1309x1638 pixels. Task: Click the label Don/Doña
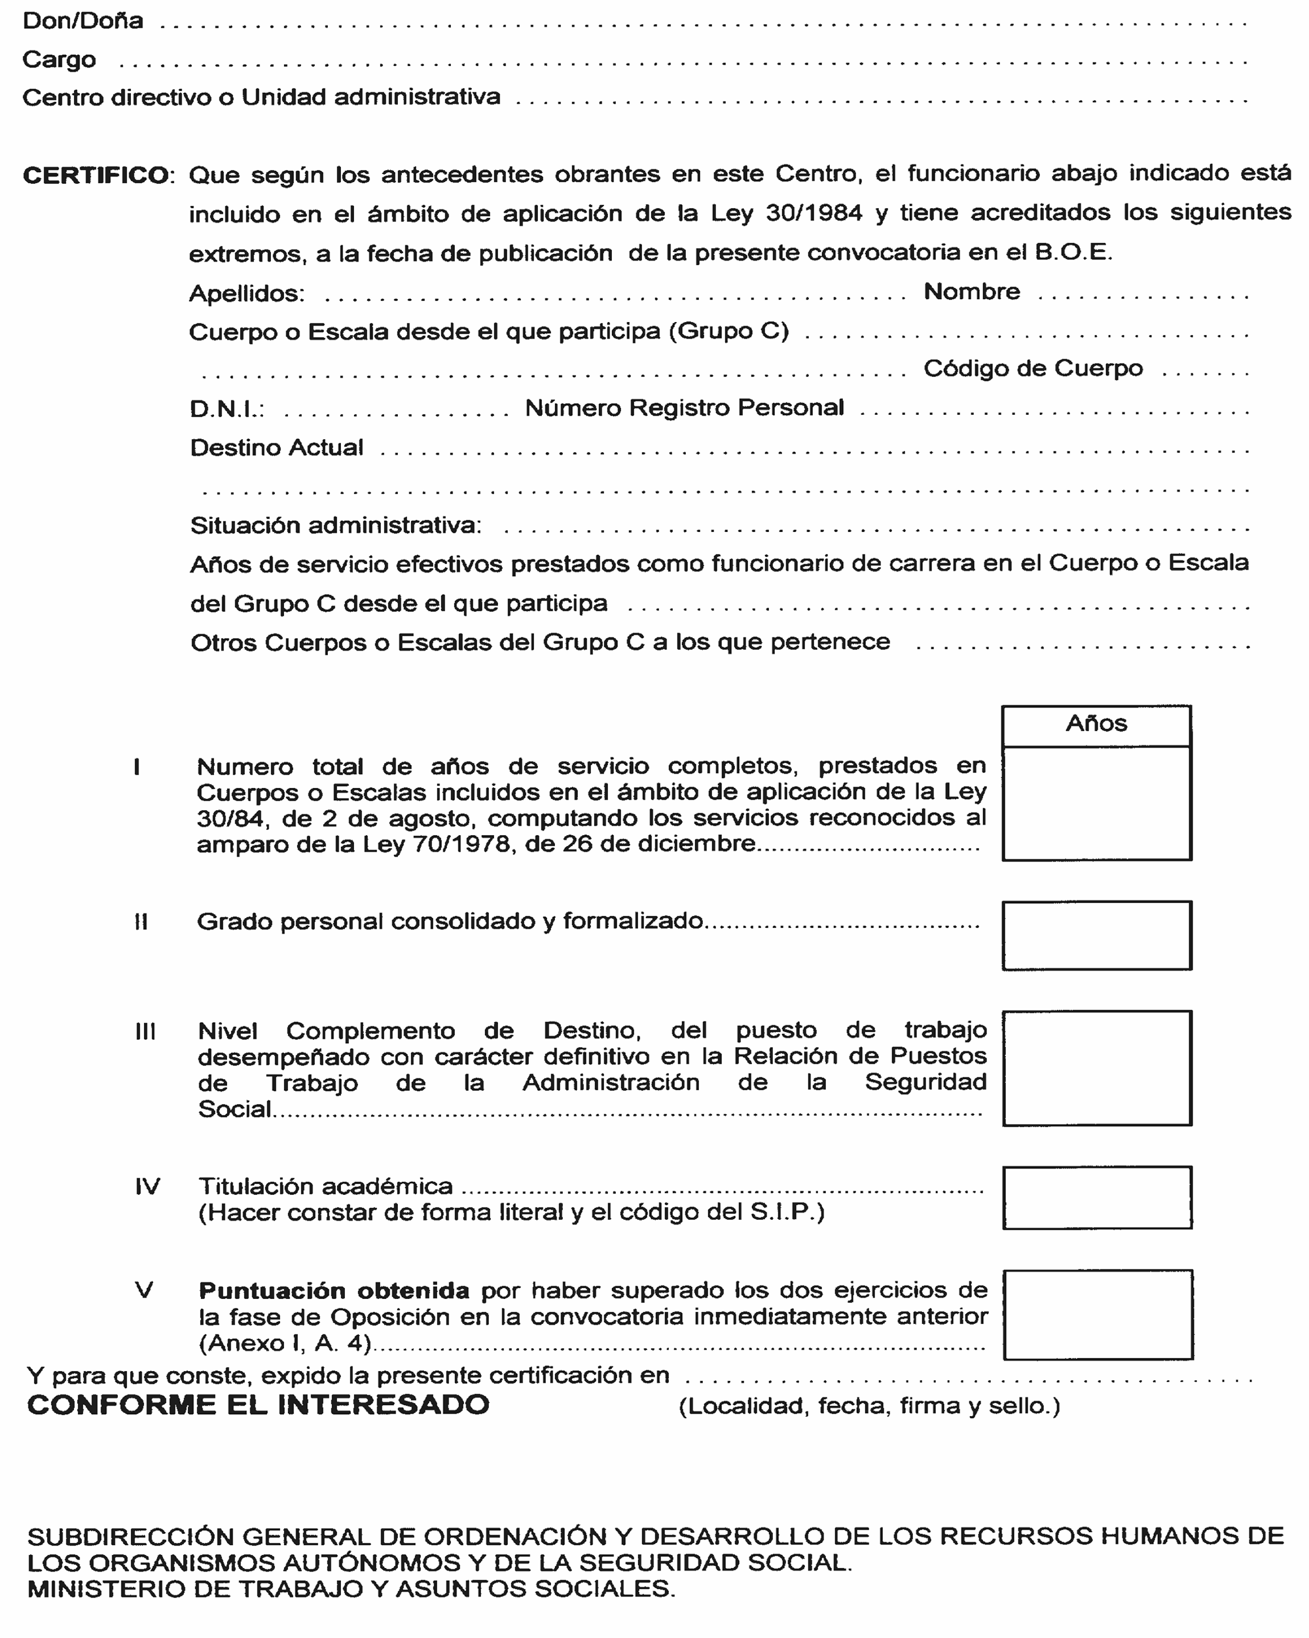coord(83,20)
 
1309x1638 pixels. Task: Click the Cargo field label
coord(60,60)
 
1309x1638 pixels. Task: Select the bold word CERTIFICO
coord(96,175)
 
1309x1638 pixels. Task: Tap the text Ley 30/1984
coord(786,213)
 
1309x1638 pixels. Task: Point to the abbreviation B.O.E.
coord(1073,251)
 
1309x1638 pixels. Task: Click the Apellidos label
coord(247,293)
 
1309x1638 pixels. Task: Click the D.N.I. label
coord(226,410)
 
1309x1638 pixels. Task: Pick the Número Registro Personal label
coord(684,408)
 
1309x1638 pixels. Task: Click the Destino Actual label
coord(277,448)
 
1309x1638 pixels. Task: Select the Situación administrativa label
coord(335,525)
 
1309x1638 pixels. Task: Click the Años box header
coord(1096,723)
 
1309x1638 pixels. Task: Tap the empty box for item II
coord(1096,935)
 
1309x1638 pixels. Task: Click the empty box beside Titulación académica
coord(1097,1198)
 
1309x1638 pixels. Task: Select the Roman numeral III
coord(145,1032)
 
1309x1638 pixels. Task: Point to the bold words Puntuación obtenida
coord(334,1291)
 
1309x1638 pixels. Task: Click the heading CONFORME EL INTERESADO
coord(259,1406)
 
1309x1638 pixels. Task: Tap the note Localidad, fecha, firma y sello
coord(869,1406)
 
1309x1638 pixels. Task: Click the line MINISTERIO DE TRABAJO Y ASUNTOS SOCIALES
coord(351,1589)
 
